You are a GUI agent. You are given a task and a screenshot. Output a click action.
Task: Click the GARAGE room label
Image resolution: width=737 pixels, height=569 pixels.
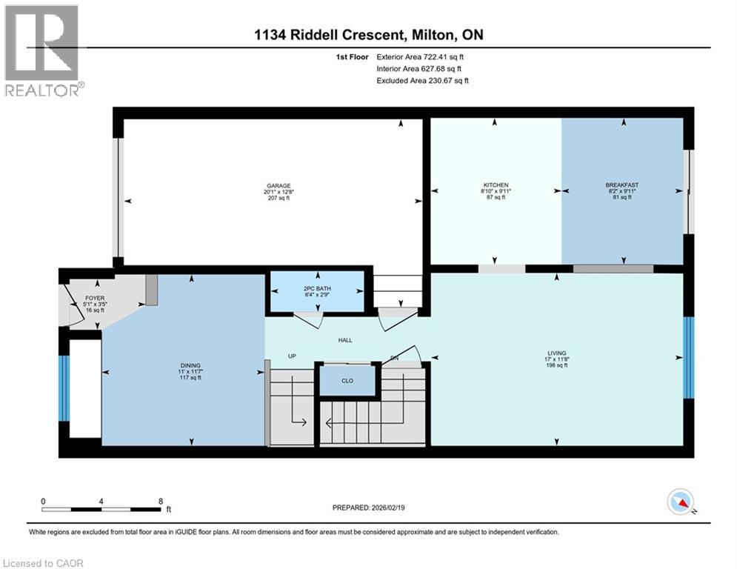pyautogui.click(x=279, y=186)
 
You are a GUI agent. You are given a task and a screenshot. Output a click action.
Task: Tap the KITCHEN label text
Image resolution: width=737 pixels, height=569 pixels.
pyautogui.click(x=496, y=185)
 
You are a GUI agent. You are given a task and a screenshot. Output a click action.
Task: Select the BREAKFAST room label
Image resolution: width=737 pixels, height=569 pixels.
pyautogui.click(x=622, y=185)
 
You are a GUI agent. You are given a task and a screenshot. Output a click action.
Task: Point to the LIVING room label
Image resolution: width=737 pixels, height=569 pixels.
pyautogui.click(x=556, y=353)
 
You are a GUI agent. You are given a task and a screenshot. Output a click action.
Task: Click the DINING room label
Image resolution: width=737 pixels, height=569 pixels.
pyautogui.click(x=190, y=365)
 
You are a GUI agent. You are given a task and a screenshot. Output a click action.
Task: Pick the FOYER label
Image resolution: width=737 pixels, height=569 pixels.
pyautogui.click(x=95, y=298)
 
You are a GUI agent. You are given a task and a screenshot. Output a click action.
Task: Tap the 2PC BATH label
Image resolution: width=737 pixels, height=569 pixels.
pyautogui.click(x=317, y=289)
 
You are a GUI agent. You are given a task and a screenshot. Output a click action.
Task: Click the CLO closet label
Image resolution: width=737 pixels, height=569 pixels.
pyautogui.click(x=347, y=381)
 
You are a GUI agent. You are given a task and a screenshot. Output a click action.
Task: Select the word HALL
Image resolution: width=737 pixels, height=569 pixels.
pyautogui.click(x=345, y=340)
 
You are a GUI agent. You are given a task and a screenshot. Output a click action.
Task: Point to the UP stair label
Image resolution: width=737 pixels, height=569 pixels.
pyautogui.click(x=292, y=356)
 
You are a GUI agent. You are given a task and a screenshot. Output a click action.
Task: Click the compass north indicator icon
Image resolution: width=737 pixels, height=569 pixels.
pyautogui.click(x=681, y=502)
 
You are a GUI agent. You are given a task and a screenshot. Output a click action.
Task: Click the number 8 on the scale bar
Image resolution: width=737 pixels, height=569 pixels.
pyautogui.click(x=161, y=502)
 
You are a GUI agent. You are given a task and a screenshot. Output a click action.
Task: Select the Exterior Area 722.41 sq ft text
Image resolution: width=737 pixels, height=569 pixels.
pyautogui.click(x=420, y=57)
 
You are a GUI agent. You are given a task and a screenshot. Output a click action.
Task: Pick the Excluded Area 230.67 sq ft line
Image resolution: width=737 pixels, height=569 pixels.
pyautogui.click(x=422, y=81)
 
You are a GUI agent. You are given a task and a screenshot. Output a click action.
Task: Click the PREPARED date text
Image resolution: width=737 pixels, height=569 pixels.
pyautogui.click(x=369, y=508)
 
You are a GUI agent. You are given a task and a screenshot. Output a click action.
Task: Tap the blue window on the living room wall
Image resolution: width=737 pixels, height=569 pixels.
pyautogui.click(x=688, y=357)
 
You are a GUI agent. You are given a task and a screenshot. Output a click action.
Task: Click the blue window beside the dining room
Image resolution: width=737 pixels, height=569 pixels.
pyautogui.click(x=64, y=388)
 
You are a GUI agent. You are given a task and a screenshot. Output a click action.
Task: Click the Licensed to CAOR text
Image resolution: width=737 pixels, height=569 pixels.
pyautogui.click(x=43, y=563)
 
